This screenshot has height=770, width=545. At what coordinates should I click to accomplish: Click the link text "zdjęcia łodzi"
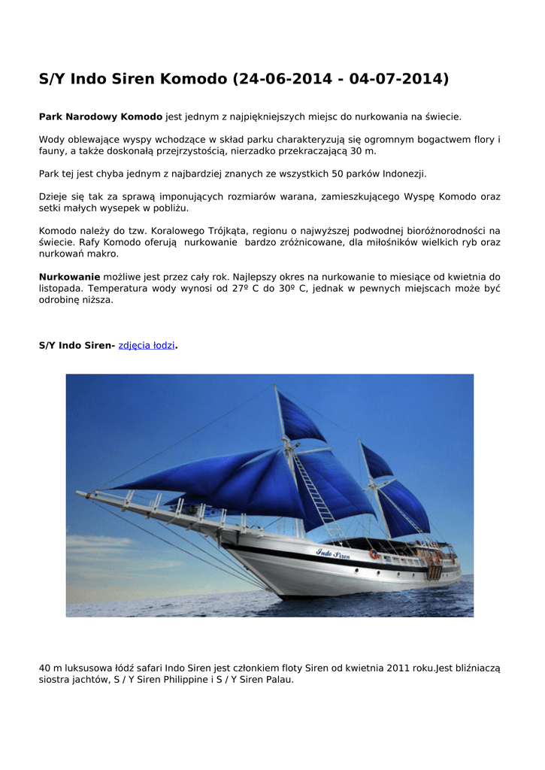click(x=147, y=345)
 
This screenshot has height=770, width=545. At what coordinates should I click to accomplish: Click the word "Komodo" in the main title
click(x=192, y=79)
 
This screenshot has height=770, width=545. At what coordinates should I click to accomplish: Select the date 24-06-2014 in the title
click(x=282, y=79)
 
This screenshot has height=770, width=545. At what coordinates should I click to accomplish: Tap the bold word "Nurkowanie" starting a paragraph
click(x=69, y=277)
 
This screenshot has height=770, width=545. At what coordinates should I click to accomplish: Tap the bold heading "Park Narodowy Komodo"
click(x=101, y=117)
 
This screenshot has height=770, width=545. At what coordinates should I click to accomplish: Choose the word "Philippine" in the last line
click(x=192, y=679)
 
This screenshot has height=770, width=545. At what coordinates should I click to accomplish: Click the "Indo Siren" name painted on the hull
click(x=333, y=553)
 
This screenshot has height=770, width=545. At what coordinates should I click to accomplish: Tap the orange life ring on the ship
click(x=373, y=554)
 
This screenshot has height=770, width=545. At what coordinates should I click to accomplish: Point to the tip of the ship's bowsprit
click(x=78, y=493)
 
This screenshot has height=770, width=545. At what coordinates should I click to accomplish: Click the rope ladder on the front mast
click(x=316, y=489)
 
